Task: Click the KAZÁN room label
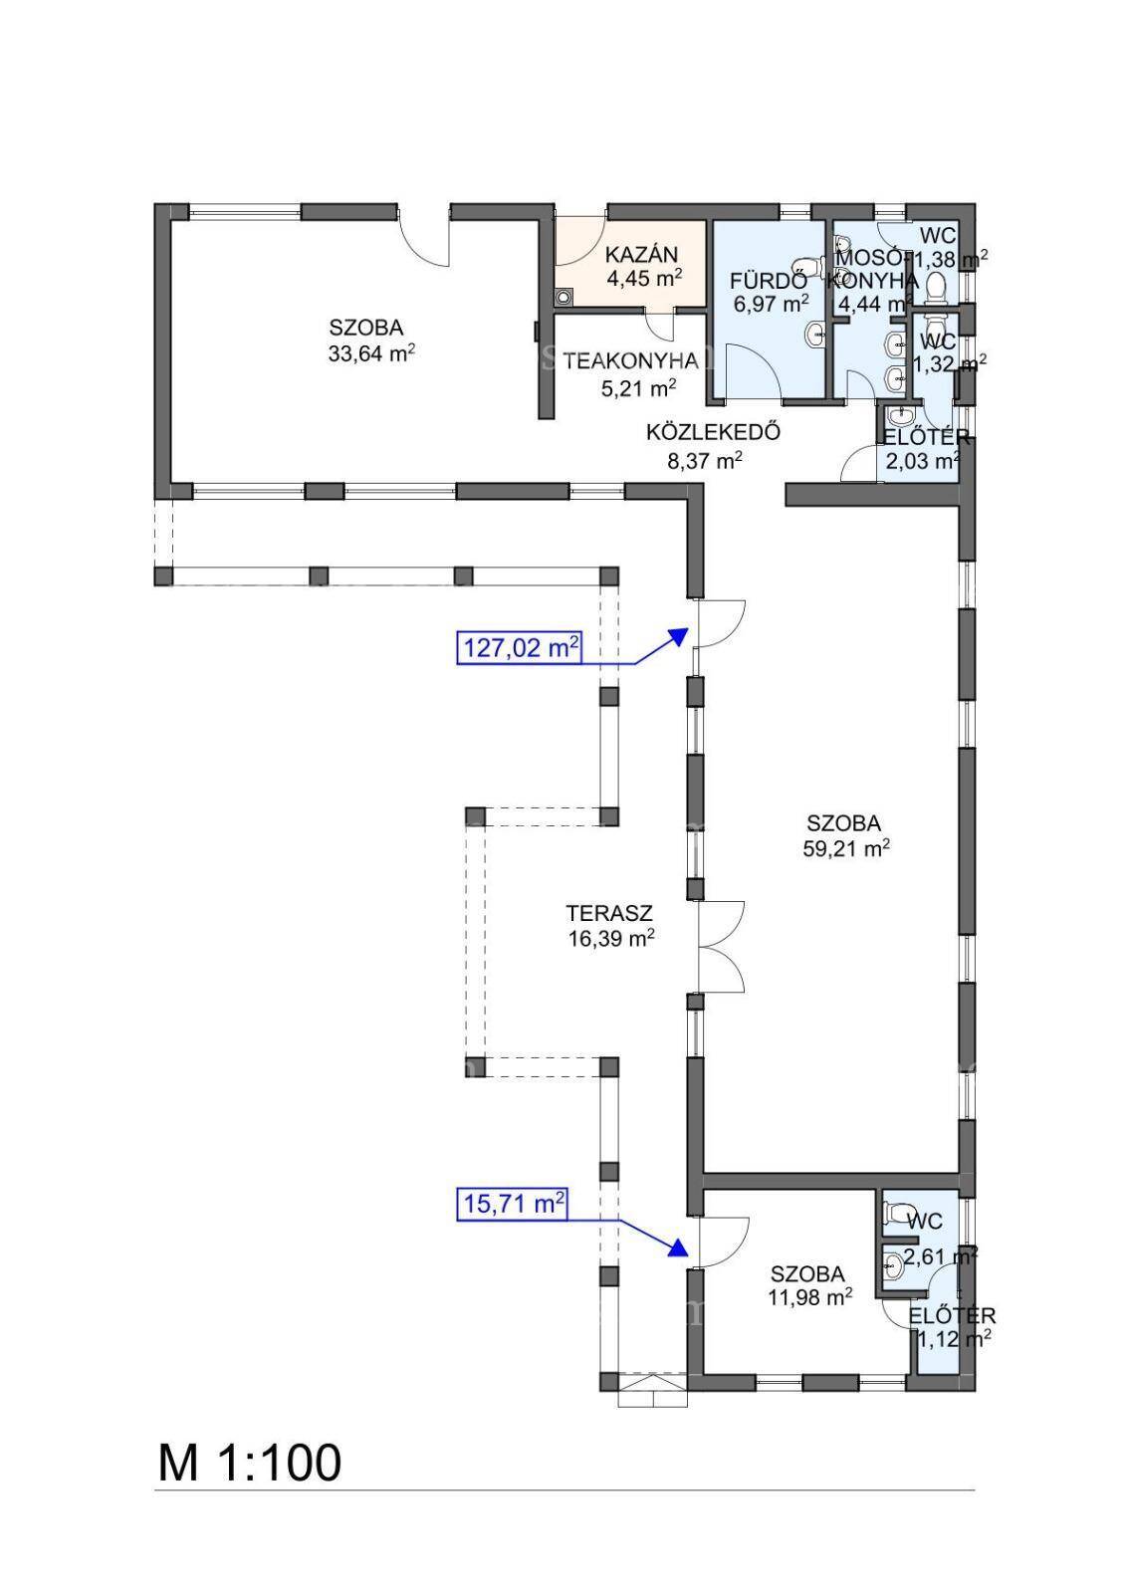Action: point(641,254)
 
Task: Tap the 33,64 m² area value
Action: point(371,352)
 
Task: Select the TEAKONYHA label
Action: point(631,361)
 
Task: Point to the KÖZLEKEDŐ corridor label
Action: point(713,432)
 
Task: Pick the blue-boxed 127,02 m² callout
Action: point(519,648)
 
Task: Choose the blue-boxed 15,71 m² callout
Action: point(512,1204)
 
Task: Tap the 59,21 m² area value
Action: point(846,849)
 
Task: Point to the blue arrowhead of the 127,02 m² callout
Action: point(679,635)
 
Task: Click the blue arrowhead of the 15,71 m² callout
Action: point(680,1248)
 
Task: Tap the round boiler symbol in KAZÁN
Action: point(564,297)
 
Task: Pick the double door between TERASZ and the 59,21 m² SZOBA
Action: point(721,946)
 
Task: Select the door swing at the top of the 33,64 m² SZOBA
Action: point(425,242)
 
